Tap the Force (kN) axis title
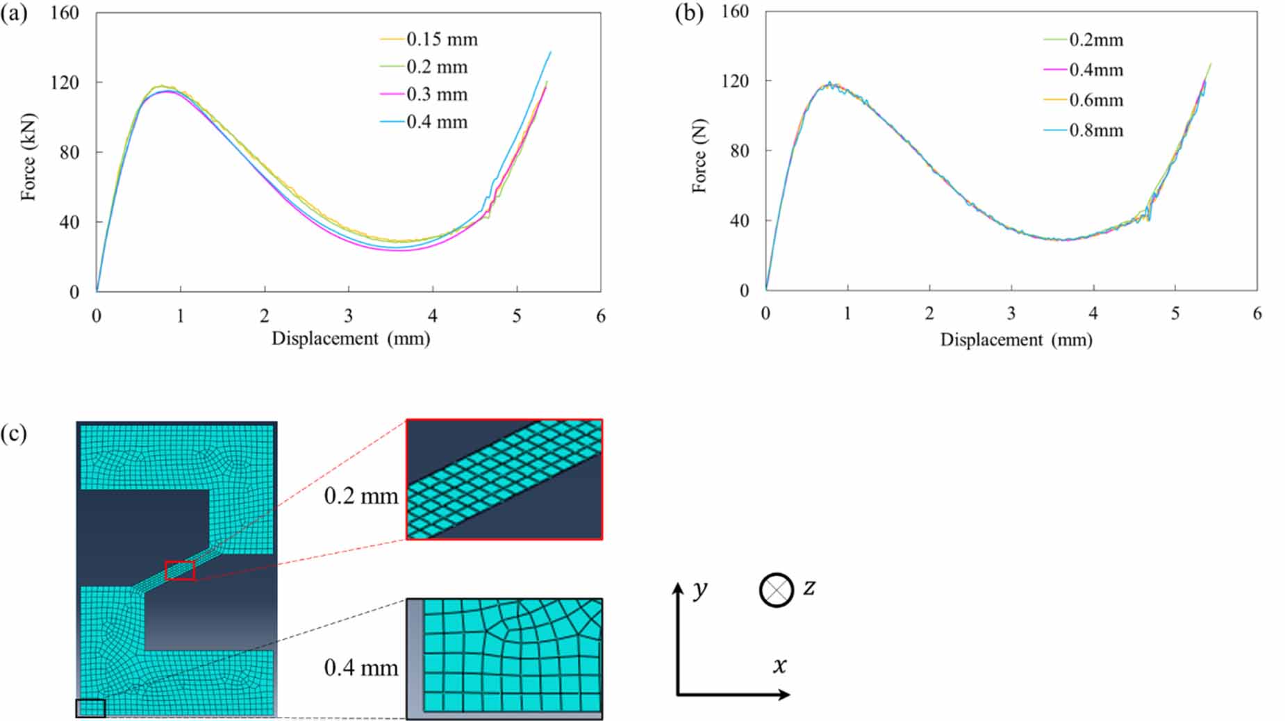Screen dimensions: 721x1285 point(28,157)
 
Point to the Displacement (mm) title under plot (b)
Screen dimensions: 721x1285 point(1016,340)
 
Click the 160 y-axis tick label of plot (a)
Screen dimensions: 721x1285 point(65,13)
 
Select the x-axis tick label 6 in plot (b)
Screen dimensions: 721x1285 point(1257,314)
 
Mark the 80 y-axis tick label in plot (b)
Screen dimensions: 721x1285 point(739,151)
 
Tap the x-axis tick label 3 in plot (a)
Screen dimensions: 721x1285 point(348,317)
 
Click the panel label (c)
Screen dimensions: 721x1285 point(14,434)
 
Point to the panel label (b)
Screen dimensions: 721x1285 point(689,14)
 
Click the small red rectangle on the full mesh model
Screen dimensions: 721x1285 point(180,571)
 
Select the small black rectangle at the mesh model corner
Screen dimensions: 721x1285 point(90,708)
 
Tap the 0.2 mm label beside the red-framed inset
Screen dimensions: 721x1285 point(361,496)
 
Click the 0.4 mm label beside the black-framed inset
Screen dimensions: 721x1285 point(361,668)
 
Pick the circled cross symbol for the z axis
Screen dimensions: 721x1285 point(776,590)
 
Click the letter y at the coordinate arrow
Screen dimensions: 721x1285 point(700,589)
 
